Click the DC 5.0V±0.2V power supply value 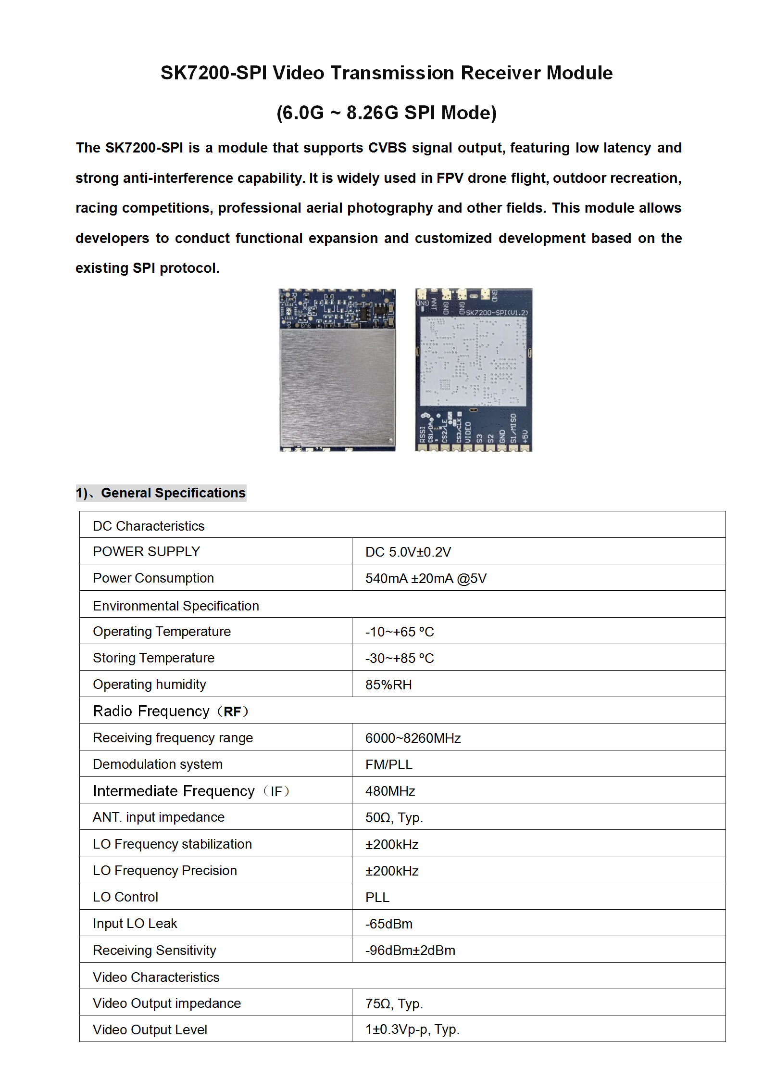[408, 552]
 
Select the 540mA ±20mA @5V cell [425, 578]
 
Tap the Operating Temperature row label [162, 631]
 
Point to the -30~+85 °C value [399, 658]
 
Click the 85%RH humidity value [388, 685]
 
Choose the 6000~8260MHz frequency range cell [413, 738]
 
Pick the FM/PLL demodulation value [388, 764]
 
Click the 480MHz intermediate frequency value [390, 791]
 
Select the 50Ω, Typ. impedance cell [394, 817]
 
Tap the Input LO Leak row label [135, 924]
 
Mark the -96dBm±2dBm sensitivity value [410, 950]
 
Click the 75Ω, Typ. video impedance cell [394, 1004]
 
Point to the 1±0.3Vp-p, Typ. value [412, 1029]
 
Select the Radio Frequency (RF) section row [171, 711]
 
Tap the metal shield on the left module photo [338, 385]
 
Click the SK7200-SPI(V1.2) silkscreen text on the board [496, 313]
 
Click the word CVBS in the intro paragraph [387, 148]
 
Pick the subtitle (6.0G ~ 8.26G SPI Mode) [387, 113]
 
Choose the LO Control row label [125, 897]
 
